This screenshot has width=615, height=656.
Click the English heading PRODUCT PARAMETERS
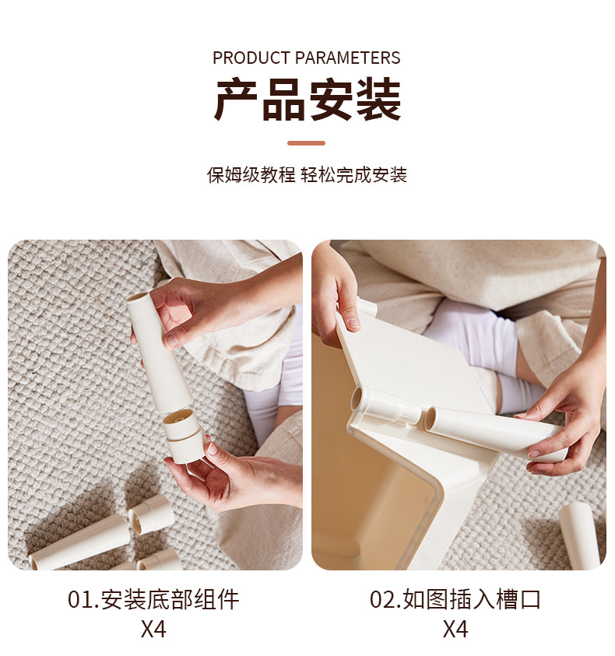(307, 58)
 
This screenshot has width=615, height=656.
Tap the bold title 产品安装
(307, 100)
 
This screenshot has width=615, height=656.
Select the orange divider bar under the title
(306, 143)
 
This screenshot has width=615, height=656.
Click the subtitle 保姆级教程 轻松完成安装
(307, 174)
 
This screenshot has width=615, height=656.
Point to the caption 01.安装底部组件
(153, 599)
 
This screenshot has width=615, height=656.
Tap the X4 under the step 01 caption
(153, 629)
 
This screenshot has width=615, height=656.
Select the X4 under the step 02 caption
(455, 629)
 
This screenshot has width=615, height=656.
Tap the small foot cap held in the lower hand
(185, 436)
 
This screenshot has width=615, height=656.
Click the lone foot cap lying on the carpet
(152, 514)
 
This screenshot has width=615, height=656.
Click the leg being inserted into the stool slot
(490, 432)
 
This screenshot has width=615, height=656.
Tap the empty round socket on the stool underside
(358, 399)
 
